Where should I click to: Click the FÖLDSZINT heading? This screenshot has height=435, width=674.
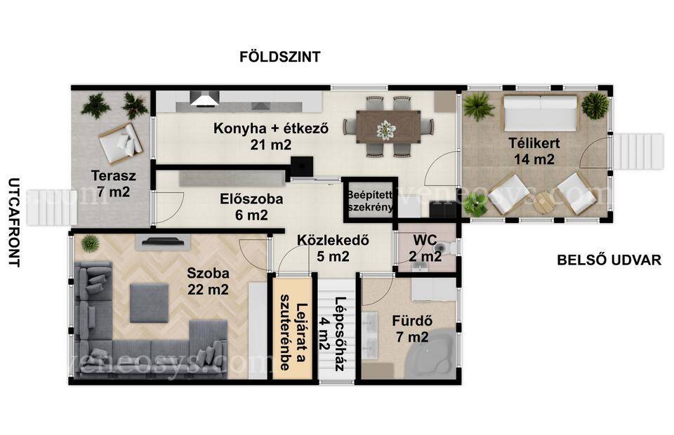coord(280,57)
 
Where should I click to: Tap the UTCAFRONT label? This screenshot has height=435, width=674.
coord(14,222)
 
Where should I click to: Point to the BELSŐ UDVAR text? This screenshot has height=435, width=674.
coord(609,260)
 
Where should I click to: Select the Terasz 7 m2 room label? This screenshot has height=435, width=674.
coord(113,184)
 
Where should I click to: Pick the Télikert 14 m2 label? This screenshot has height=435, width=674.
coord(534,151)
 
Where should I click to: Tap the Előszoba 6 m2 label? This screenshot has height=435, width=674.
coord(251,206)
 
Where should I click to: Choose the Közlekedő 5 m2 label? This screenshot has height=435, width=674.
coord(333,248)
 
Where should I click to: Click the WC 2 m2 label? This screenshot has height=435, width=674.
coord(425,248)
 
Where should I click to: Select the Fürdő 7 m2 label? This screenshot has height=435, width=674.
coord(412,329)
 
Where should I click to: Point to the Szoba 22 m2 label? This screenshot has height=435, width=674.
coord(208,281)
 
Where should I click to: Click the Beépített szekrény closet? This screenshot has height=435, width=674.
coord(370,200)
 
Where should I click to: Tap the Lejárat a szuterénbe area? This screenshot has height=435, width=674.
coord(292,329)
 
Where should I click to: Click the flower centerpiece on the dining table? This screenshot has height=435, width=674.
coord(386,129)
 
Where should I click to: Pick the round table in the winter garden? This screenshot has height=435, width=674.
coord(543,201)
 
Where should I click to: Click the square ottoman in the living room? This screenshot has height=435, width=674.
coord(149,302)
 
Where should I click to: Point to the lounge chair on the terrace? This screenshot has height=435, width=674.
coord(121,144)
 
